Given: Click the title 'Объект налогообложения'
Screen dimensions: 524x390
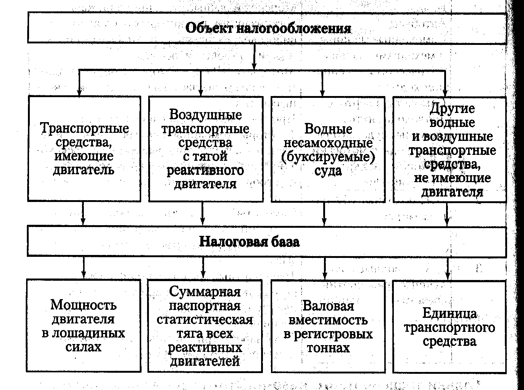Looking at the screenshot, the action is (x=268, y=29).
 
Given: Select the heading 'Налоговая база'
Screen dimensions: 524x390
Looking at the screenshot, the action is (x=249, y=242).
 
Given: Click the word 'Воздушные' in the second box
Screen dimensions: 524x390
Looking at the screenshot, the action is (x=206, y=115).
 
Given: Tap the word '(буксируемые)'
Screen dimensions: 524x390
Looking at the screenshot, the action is (x=328, y=157).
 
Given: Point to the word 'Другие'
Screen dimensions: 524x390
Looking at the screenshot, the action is (x=452, y=109).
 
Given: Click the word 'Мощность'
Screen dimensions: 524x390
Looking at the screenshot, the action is (x=83, y=305).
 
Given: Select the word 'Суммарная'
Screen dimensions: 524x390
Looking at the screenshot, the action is (x=205, y=292).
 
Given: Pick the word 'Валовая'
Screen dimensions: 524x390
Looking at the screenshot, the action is (x=328, y=306).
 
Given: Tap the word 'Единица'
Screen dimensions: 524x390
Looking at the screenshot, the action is (x=449, y=313).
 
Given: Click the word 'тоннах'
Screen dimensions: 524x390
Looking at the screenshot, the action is (x=328, y=348).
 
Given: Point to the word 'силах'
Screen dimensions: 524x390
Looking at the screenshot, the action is (x=83, y=347).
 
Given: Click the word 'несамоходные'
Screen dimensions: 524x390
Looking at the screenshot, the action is (x=328, y=143).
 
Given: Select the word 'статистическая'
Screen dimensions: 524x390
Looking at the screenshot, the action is (x=205, y=320).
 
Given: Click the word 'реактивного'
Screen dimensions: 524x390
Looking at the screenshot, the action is (x=205, y=171).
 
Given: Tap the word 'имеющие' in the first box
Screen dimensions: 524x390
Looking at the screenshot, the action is (x=84, y=156).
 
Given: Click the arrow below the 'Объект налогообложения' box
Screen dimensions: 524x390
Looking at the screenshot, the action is (x=254, y=57).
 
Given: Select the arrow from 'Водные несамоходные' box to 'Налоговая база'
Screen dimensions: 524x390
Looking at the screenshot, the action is (x=324, y=214).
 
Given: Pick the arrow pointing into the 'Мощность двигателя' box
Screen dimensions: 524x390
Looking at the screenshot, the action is (x=83, y=268).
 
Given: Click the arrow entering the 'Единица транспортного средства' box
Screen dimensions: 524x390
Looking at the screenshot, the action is (x=448, y=269).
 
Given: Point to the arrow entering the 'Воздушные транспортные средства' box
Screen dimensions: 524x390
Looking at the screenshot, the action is (x=200, y=83).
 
